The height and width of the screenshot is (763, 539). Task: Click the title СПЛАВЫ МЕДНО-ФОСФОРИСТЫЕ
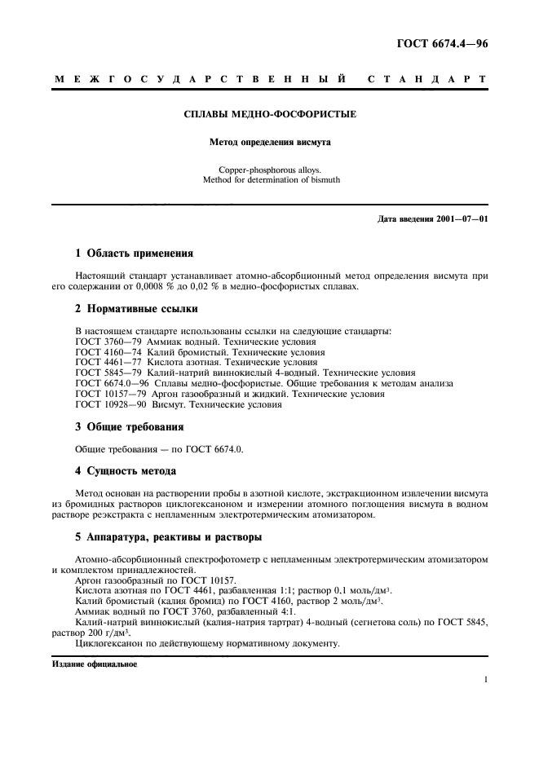click(x=270, y=115)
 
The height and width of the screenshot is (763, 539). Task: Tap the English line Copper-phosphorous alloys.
click(x=270, y=170)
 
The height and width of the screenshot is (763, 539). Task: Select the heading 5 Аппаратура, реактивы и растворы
click(x=168, y=537)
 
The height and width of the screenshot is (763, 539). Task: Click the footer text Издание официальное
click(x=95, y=664)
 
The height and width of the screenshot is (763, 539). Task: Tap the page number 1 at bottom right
click(x=484, y=678)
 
